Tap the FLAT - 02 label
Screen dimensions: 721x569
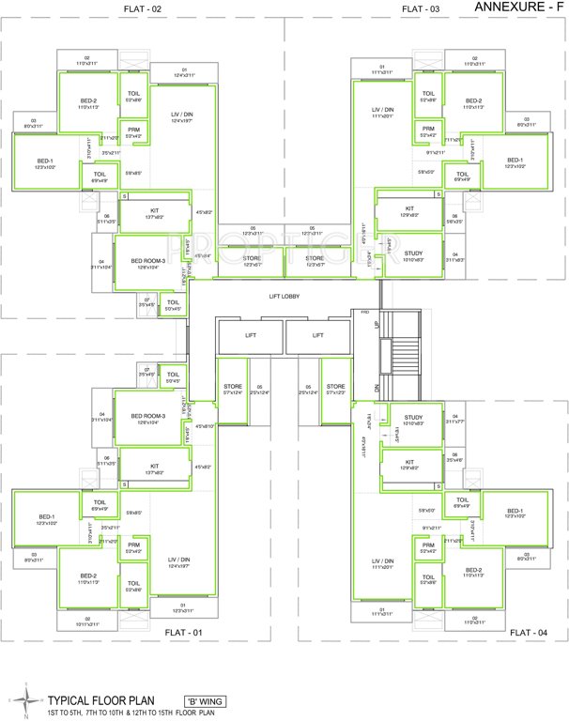[143, 8]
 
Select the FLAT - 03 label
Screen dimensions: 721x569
[421, 8]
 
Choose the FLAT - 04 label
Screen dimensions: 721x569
[529, 633]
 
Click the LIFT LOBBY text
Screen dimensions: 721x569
[284, 297]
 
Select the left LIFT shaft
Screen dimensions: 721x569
[250, 335]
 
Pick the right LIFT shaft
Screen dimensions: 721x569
[318, 335]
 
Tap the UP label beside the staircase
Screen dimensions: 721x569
[377, 324]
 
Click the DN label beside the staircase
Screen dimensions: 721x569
[377, 386]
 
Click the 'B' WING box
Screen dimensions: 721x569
[205, 701]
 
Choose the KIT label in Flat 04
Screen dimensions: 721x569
[409, 462]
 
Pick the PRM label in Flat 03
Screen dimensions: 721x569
[427, 129]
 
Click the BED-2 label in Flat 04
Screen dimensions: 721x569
[473, 570]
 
